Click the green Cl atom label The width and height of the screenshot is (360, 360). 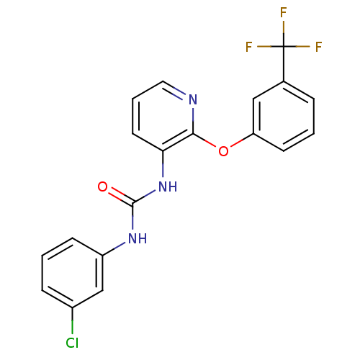[x=72, y=343]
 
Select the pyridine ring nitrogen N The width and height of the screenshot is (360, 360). [x=193, y=99]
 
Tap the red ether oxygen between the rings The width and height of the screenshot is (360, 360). [x=223, y=151]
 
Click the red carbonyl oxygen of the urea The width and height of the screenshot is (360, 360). [x=102, y=186]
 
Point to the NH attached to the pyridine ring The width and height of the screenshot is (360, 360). [x=168, y=186]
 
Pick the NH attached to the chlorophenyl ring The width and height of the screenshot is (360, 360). [x=138, y=238]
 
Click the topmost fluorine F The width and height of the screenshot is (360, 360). [x=284, y=12]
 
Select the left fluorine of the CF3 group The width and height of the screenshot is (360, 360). [x=249, y=47]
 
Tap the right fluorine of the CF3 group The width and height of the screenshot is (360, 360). [x=318, y=47]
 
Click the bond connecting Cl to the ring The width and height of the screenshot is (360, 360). [x=72, y=320]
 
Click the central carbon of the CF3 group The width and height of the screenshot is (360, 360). [x=284, y=46]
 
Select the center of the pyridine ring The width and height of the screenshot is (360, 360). [x=163, y=116]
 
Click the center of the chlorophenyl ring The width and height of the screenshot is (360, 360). [x=72, y=273]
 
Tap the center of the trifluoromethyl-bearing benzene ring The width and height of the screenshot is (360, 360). [x=284, y=116]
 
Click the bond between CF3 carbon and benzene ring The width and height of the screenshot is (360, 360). [x=284, y=64]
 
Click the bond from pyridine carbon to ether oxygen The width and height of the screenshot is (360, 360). [x=204, y=140]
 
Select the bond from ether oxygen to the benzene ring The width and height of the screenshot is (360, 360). [x=242, y=140]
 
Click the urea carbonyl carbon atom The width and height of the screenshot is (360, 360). [x=132, y=204]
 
